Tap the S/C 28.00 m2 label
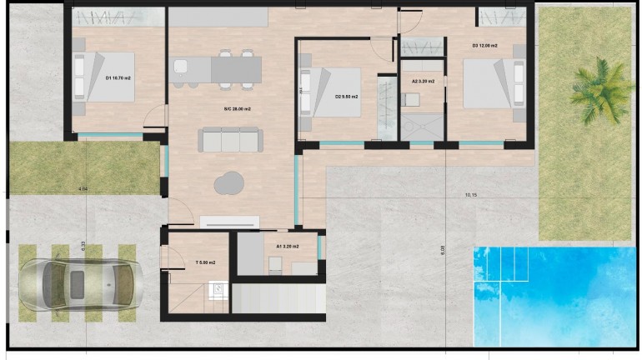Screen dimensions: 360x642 [x=237, y=109]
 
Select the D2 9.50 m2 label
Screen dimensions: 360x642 [x=346, y=97]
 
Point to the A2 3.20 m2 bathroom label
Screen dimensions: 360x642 [x=424, y=82]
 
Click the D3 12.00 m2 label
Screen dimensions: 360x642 [x=484, y=45]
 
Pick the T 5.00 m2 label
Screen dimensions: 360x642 [x=205, y=262]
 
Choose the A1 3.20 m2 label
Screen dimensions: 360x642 [x=288, y=247]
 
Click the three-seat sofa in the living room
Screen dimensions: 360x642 [x=229, y=139]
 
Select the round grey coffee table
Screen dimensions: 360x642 [x=228, y=182]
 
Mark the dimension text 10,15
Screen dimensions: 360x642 [x=471, y=195]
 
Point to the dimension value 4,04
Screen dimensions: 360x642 [x=83, y=190]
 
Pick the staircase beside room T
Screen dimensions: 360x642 [x=275, y=297]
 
